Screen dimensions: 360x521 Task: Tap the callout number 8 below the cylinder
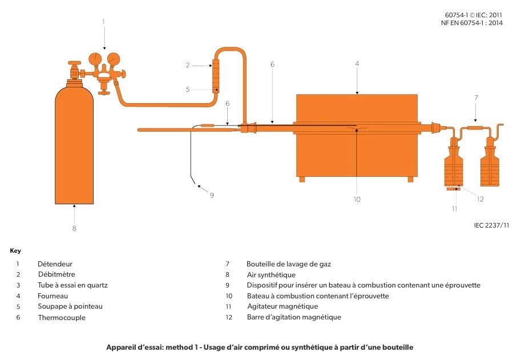click(x=74, y=228)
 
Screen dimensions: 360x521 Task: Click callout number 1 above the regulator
click(x=104, y=22)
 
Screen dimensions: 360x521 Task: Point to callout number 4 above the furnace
click(x=357, y=64)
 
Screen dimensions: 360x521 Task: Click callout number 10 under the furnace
click(x=357, y=199)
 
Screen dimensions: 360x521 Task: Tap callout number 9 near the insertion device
click(x=211, y=195)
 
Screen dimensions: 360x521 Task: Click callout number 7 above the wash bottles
click(x=476, y=98)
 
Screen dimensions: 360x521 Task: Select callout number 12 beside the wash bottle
click(x=480, y=199)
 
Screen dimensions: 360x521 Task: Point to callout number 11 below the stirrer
click(x=455, y=209)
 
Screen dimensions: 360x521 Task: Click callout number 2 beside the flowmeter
click(x=187, y=65)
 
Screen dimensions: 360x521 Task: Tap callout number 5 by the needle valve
click(x=187, y=89)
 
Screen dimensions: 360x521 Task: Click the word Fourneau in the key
click(x=53, y=296)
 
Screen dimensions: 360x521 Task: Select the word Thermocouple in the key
click(x=62, y=318)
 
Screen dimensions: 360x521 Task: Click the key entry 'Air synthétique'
click(x=271, y=275)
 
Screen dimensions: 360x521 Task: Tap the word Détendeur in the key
click(x=55, y=264)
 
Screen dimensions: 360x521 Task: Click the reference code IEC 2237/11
click(x=491, y=225)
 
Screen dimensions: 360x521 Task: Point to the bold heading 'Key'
click(x=15, y=251)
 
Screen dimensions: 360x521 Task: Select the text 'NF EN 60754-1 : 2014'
click(x=471, y=23)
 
